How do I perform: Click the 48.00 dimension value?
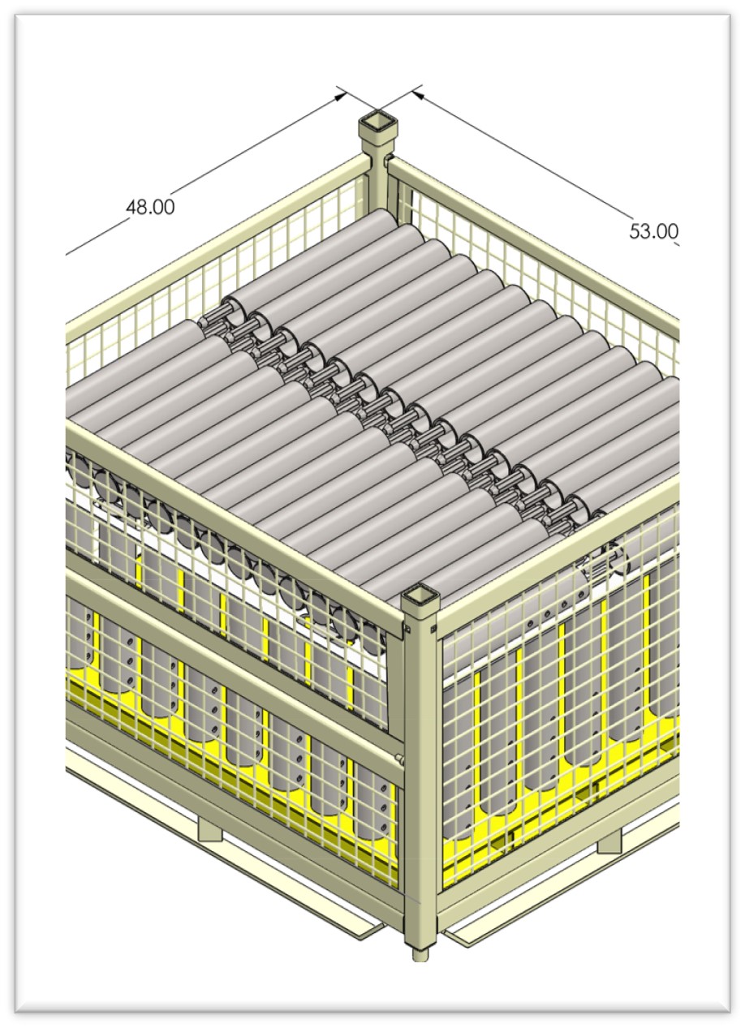[149, 207]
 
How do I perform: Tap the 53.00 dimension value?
[653, 231]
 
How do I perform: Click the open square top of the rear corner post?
[375, 124]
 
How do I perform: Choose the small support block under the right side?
[609, 841]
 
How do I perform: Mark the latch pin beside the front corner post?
[399, 759]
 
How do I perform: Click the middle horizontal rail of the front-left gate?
[235, 677]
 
